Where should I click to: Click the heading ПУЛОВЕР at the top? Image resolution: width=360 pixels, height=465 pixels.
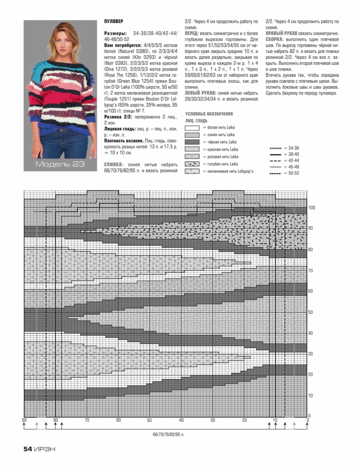pos(114,22)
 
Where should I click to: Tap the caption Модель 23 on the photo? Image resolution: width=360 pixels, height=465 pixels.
pos(60,164)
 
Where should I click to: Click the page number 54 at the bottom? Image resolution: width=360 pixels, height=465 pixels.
pos(28,449)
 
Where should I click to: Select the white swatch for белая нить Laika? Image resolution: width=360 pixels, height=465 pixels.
pos(192,128)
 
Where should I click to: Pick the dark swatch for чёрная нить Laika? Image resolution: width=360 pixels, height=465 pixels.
pos(192,142)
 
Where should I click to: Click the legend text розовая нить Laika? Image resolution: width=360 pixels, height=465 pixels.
pos(223,157)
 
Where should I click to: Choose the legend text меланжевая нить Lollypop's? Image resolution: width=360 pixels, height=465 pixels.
pos(230,171)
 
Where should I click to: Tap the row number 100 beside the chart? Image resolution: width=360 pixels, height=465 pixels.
pos(311,208)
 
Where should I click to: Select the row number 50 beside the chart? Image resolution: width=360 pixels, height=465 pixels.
pos(310,312)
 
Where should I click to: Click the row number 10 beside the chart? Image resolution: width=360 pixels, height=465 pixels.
pos(310,396)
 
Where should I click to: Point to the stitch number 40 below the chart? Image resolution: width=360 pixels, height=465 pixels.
pos(181,420)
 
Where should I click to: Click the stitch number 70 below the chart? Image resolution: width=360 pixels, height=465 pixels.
pos(87,420)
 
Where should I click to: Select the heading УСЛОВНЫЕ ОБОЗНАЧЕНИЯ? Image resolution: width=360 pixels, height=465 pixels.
pos(209,114)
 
